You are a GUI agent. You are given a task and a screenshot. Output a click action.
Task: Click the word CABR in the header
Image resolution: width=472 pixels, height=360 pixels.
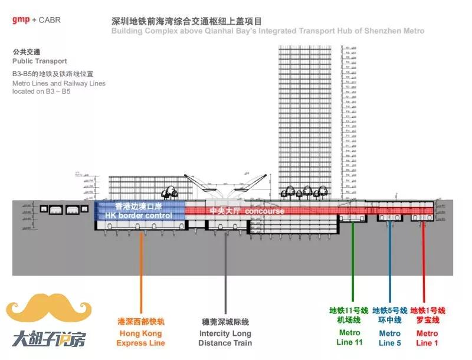(49, 20)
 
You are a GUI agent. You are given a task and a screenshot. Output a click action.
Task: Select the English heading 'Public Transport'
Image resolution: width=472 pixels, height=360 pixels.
(40, 61)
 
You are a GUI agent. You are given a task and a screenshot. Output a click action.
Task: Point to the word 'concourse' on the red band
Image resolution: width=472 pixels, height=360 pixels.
(265, 211)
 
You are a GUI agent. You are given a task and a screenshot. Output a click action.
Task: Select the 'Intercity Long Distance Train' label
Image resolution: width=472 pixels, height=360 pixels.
(225, 338)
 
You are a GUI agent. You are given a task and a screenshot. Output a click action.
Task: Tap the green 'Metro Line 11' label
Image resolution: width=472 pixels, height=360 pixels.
(349, 338)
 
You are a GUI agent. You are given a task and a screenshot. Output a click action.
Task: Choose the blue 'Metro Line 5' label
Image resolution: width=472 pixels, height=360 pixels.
(390, 338)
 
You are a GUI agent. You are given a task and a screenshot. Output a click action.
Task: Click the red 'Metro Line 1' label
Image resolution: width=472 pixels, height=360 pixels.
(427, 338)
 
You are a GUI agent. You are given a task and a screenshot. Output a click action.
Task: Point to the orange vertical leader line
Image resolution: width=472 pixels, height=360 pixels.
(141, 271)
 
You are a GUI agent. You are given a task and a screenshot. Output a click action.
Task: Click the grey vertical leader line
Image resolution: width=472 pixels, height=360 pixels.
(225, 271)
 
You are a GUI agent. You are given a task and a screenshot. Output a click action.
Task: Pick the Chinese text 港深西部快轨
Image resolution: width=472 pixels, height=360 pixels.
(140, 322)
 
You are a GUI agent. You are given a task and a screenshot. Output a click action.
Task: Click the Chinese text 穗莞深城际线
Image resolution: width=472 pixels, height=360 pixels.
(225, 322)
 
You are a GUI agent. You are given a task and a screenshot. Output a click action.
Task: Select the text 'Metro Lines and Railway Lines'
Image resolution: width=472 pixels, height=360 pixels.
(59, 84)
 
